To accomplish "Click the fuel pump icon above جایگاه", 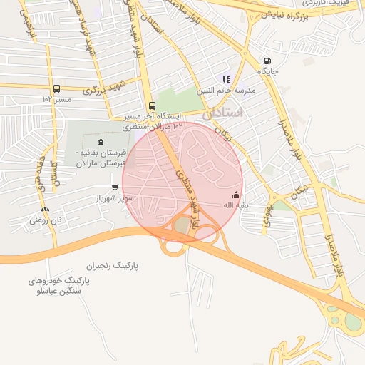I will click(x=267, y=61).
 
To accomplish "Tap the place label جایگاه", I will click(x=267, y=71).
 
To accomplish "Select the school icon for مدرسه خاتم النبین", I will click(x=227, y=80).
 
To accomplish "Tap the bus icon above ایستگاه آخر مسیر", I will click(x=152, y=106).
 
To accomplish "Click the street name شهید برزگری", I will click(x=103, y=88).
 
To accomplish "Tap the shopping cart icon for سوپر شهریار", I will click(x=115, y=187).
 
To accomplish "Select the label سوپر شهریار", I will click(x=115, y=198).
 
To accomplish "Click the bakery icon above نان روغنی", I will click(x=45, y=209).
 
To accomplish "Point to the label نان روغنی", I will click(x=46, y=220).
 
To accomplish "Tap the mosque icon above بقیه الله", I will click(x=237, y=195).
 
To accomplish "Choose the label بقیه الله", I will click(x=237, y=205).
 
